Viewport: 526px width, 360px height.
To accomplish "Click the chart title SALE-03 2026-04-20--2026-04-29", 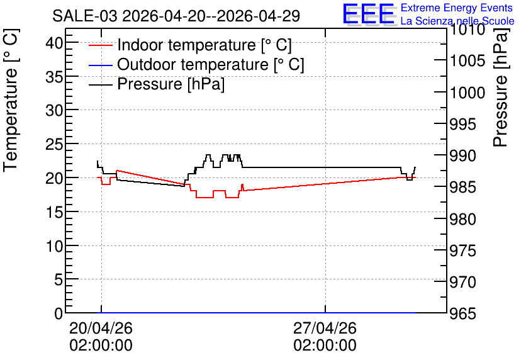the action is (x=176, y=16).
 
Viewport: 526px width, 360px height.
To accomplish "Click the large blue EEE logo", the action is (x=368, y=14).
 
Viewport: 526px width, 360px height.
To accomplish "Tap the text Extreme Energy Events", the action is (x=457, y=8).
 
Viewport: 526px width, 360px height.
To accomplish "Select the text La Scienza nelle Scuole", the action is (x=457, y=21).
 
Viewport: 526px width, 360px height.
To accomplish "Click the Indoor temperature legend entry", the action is (x=190, y=45).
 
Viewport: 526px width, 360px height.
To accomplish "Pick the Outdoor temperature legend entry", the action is (x=196, y=64).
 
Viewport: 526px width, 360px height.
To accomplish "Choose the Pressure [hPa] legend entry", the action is (x=157, y=84).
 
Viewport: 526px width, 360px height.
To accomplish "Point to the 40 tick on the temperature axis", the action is (x=54, y=43).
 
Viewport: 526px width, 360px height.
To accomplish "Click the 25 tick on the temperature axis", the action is (x=54, y=144).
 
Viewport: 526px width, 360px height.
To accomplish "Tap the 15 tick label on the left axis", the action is (x=54, y=212).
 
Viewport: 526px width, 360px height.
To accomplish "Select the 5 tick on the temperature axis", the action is (x=59, y=279).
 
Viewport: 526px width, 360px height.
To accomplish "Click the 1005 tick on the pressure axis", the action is (x=467, y=60).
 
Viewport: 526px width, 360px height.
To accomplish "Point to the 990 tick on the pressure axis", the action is (x=462, y=155).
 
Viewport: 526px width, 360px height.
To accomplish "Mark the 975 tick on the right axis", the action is (x=462, y=250).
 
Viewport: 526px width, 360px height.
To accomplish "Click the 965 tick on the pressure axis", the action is (x=462, y=313).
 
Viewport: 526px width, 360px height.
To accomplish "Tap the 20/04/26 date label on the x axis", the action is (x=101, y=328).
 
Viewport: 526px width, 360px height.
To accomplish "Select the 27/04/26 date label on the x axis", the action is (x=325, y=328).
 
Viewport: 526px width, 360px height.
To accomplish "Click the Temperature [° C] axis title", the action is (x=11, y=101).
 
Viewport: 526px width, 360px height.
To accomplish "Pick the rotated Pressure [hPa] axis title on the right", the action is (x=500, y=87).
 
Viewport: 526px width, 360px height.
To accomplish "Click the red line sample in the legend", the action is (x=100, y=45).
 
